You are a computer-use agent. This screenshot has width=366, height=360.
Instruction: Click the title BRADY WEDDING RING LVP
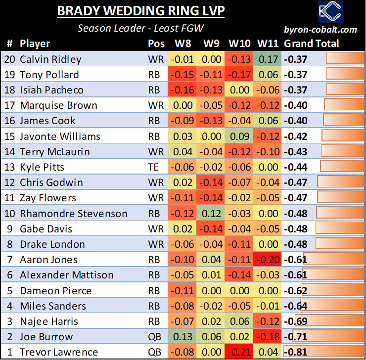click(140, 11)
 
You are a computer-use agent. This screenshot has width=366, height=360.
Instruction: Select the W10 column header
click(239, 44)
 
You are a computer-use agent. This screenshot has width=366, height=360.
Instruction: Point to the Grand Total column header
click(311, 44)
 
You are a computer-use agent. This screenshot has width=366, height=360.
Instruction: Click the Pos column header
click(156, 44)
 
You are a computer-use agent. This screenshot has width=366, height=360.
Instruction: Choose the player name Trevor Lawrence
click(59, 353)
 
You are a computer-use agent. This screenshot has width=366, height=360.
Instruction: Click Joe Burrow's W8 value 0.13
click(183, 337)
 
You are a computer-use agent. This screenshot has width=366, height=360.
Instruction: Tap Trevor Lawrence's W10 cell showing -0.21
click(239, 353)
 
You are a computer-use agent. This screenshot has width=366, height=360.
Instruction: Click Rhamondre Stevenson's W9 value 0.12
click(211, 214)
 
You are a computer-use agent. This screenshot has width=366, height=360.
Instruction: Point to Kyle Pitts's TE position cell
click(153, 167)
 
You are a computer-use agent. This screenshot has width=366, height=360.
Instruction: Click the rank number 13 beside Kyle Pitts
click(10, 167)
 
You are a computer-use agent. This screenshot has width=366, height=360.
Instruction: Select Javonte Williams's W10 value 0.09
click(239, 136)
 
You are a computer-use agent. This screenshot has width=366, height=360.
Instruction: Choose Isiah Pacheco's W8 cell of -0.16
click(183, 90)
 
